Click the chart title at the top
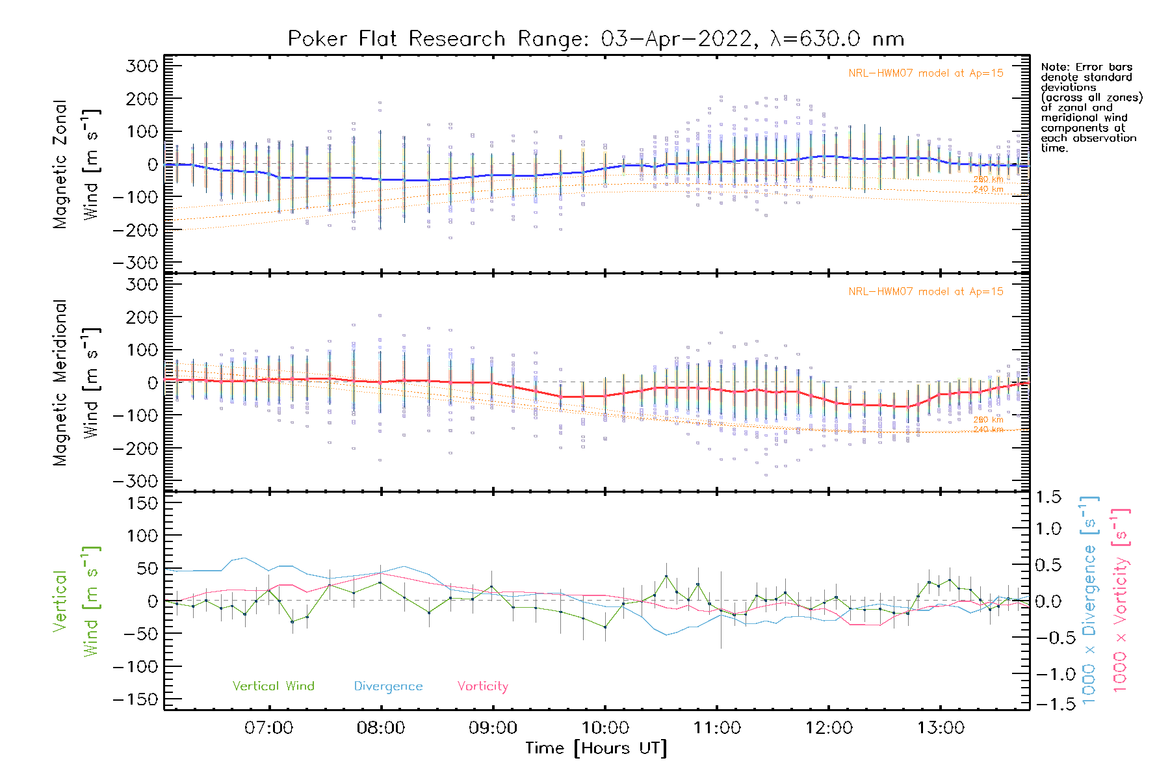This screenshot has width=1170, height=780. tap(596, 39)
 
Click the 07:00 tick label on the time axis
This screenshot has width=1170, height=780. tap(268, 727)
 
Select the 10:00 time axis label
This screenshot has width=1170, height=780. tap(605, 727)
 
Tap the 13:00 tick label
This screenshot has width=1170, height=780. tap(941, 727)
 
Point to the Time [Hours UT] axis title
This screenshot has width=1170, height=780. tap(596, 748)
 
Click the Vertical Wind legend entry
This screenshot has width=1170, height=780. tap(273, 686)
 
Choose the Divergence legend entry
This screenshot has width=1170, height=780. tap(388, 686)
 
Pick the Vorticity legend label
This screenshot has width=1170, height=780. tap(482, 686)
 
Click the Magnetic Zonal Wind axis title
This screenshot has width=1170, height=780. tap(75, 164)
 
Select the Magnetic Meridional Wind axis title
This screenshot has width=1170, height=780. tap(75, 383)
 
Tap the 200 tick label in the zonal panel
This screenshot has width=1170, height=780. tap(142, 99)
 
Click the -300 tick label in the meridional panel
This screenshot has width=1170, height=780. tap(136, 481)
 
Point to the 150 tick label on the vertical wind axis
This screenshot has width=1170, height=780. tap(142, 502)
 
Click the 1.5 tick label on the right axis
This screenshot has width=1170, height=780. tap(1048, 497)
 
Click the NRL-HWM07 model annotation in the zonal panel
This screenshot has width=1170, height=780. tap(926, 73)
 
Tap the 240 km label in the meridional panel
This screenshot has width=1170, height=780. tap(988, 430)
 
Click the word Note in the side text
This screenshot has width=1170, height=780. tap(1053, 67)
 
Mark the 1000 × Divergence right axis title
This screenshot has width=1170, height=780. tap(1089, 600)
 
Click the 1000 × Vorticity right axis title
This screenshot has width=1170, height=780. tap(1121, 600)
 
